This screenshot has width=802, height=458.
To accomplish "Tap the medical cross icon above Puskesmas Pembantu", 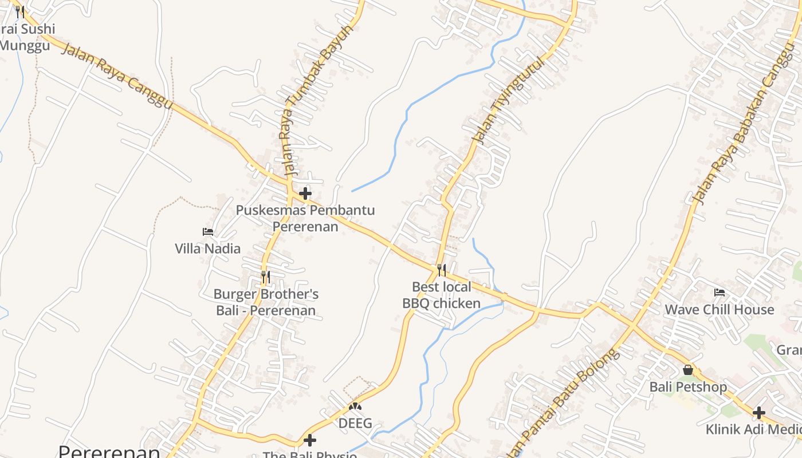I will click(305, 194).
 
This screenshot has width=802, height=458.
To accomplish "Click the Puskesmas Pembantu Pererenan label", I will click(305, 218).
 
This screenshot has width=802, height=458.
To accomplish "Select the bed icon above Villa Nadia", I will click(208, 232).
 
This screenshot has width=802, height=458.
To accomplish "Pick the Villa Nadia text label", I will click(207, 248).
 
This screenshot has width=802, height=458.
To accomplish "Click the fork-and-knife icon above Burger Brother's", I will click(265, 277).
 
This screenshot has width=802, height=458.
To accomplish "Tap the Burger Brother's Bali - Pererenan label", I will click(266, 302).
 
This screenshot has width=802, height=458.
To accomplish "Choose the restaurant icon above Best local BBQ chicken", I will click(441, 270).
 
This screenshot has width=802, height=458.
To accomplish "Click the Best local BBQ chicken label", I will click(441, 295).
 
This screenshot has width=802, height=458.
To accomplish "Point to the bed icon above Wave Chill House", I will click(720, 293).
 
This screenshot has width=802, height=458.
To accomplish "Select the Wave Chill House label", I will click(719, 310).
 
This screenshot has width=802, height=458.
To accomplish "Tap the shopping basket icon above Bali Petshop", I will click(688, 370).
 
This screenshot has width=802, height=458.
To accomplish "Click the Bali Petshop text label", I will click(688, 387).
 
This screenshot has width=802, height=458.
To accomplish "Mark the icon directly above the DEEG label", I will click(355, 406).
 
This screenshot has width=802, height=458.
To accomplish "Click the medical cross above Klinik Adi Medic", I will click(759, 412).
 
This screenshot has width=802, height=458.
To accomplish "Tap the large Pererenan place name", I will click(109, 452).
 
